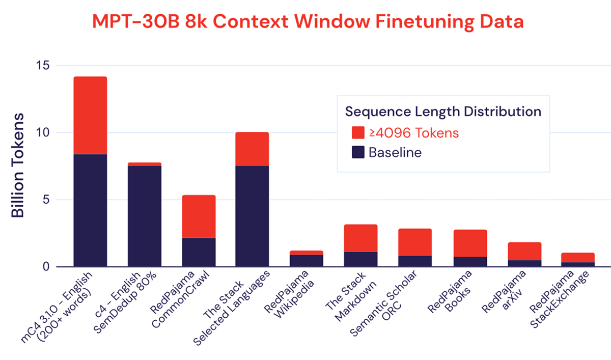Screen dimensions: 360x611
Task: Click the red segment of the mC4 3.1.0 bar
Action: (x=90, y=115)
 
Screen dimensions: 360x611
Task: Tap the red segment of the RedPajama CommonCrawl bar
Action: (x=199, y=216)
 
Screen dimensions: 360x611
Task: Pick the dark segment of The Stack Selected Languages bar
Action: (x=252, y=216)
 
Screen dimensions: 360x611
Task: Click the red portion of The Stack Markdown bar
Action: (x=360, y=238)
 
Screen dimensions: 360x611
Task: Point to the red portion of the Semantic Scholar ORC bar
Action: (x=415, y=242)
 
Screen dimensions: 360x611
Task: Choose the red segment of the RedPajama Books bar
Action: (x=470, y=243)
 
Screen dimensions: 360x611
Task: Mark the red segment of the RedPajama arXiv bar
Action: (x=524, y=251)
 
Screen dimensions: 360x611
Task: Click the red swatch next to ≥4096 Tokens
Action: (x=358, y=133)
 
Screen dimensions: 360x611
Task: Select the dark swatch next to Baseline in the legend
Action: (x=358, y=152)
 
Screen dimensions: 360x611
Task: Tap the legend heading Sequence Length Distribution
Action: (x=443, y=111)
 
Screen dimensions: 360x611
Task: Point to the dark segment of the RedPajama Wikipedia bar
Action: (x=307, y=260)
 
